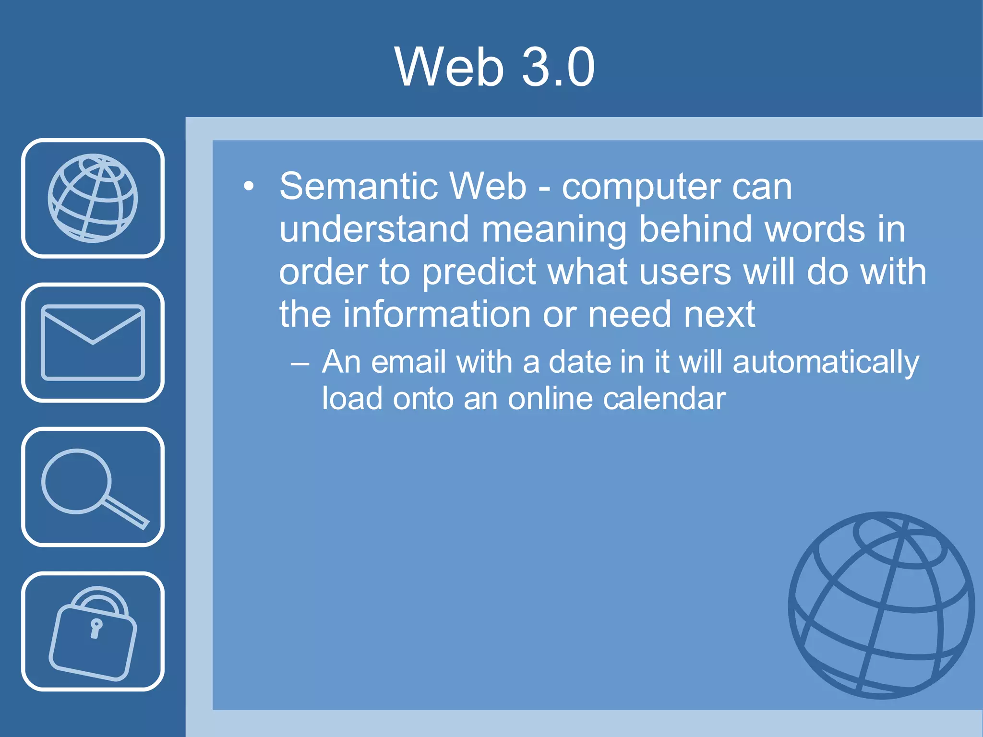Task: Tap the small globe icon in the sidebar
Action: coord(93,198)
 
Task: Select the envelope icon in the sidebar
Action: coord(93,342)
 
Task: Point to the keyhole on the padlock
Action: coord(96,628)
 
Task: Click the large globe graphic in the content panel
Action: coord(881,606)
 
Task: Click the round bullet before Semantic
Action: coord(248,187)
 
